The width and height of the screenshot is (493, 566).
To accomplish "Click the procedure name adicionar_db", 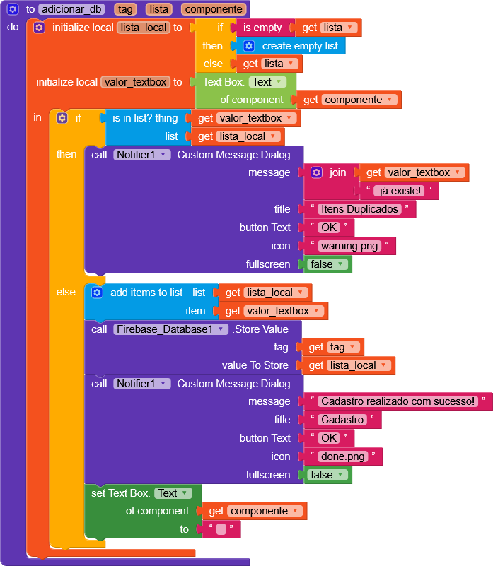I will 71,9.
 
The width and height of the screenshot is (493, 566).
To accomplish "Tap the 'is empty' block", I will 262,28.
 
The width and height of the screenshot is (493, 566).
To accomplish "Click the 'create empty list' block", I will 300,46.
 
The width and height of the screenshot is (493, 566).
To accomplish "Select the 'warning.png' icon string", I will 349,246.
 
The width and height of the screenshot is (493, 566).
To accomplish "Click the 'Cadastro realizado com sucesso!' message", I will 398,401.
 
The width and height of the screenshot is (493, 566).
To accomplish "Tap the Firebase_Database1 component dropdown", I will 170,329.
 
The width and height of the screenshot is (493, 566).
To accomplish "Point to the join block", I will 337,172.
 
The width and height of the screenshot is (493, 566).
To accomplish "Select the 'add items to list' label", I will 146,293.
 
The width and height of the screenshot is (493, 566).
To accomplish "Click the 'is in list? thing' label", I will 145,118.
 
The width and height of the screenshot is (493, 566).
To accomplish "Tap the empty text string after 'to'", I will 221,529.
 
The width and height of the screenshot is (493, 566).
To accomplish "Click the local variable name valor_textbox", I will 135,82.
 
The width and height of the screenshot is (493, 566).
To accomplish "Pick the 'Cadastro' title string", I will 342,420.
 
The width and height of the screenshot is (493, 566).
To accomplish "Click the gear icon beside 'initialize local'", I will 39,28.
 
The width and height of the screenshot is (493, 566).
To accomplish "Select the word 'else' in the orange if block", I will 212,64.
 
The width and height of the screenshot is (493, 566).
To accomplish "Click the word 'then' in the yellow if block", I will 66,154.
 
